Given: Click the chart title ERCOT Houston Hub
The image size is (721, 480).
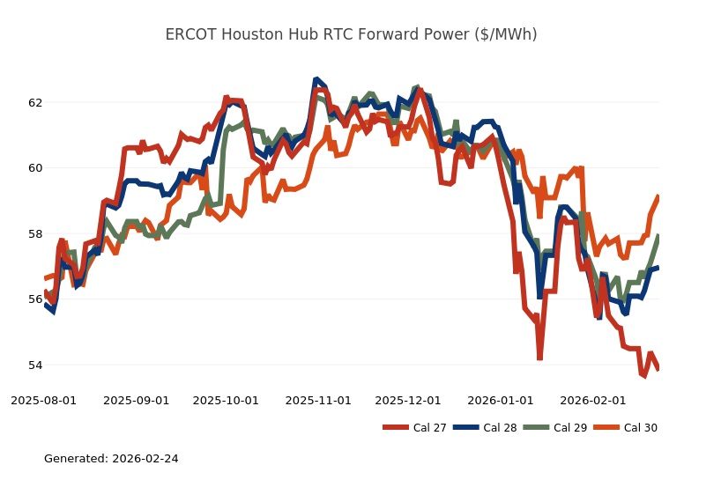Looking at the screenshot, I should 351,34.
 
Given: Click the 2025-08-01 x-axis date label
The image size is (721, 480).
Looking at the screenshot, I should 44,400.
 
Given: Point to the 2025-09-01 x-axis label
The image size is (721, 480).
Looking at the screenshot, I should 136,400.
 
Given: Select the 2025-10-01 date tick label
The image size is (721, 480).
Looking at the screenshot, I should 226,400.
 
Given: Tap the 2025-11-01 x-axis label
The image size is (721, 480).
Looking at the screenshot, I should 318,400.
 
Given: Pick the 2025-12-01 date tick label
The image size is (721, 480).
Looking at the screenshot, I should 407,400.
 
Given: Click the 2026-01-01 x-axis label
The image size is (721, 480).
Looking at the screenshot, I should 500,400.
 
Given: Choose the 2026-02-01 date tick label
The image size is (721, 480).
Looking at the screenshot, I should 592,400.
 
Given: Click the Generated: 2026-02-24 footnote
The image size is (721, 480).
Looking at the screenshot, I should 111,459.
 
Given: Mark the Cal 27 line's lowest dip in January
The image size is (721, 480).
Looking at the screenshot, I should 539,358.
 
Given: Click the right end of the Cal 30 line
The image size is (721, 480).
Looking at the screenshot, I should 658,196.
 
